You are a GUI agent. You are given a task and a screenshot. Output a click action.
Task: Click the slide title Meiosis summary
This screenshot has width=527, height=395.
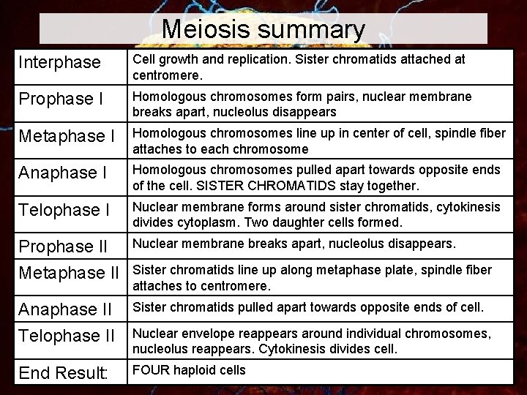click(263, 29)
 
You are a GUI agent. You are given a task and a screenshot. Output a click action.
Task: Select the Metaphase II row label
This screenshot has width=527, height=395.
click(67, 273)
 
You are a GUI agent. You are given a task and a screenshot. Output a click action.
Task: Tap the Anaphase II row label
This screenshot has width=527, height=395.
click(64, 309)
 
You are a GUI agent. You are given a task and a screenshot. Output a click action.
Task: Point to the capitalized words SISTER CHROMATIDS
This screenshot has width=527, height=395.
click(235, 184)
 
